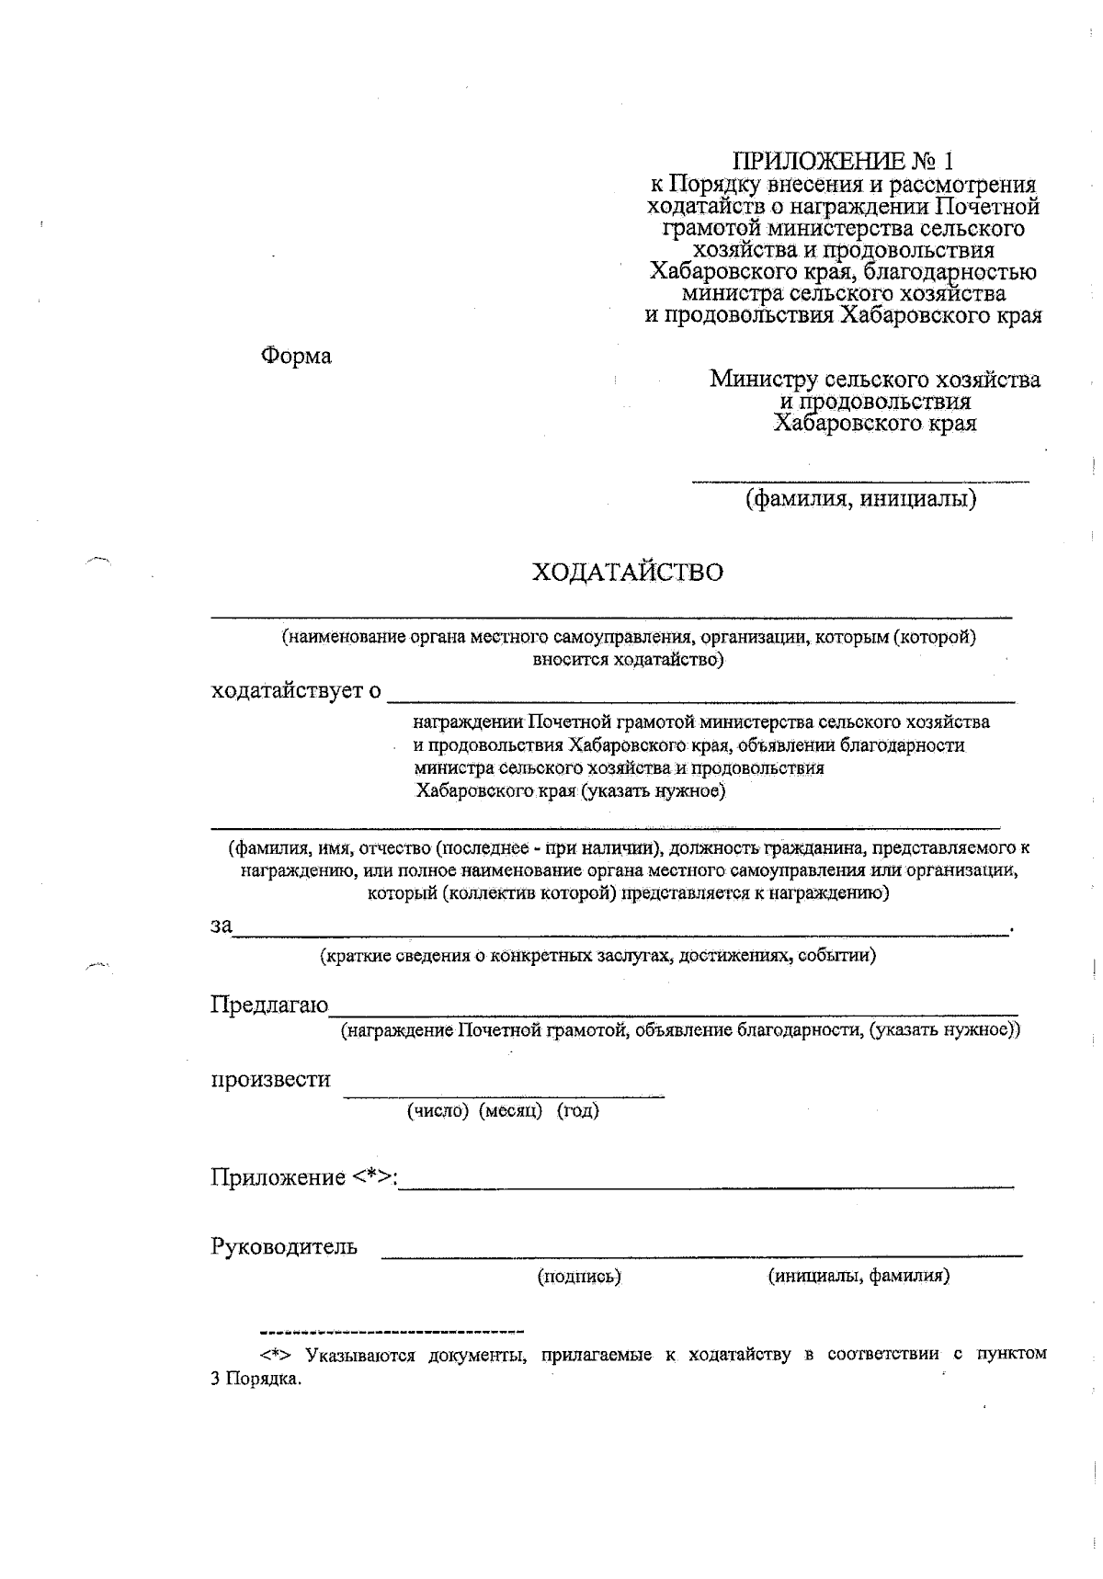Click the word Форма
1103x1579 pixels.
point(296,356)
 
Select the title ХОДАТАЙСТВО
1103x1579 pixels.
point(628,573)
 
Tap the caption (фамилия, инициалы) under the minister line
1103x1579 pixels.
point(860,499)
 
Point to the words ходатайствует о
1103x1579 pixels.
point(296,690)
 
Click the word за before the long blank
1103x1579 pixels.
point(222,926)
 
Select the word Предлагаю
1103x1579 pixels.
point(269,1005)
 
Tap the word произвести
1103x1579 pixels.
point(271,1079)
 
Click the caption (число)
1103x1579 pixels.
point(438,1110)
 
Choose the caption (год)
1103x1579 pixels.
point(577,1110)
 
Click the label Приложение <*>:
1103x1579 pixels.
point(304,1177)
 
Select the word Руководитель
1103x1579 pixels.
point(284,1247)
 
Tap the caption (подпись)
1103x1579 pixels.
point(579,1276)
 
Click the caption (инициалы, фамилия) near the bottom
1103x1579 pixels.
point(859,1276)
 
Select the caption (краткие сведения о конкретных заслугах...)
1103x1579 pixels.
point(597,956)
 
